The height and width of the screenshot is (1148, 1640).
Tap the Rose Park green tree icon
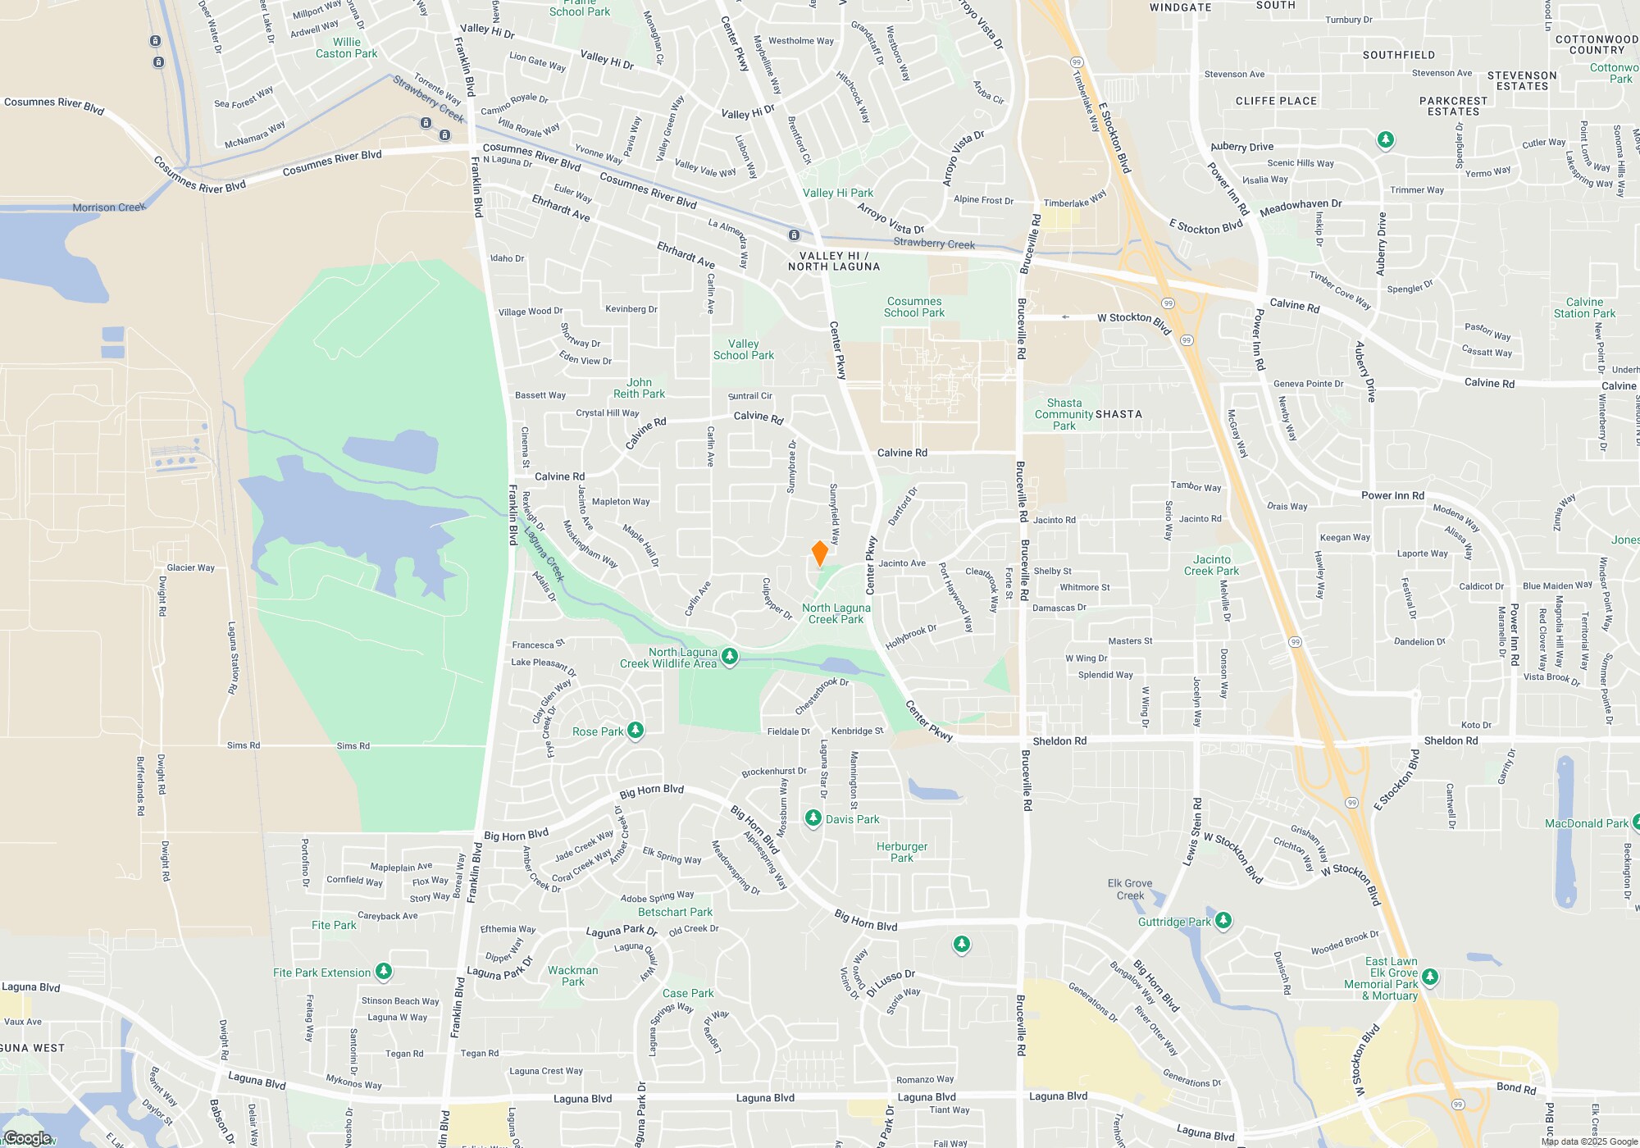click(635, 731)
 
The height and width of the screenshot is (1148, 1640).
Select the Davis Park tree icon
click(813, 818)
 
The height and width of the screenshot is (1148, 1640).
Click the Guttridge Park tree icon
click(1223, 921)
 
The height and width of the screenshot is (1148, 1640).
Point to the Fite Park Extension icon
click(383, 972)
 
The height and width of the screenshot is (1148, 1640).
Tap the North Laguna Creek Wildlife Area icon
click(729, 657)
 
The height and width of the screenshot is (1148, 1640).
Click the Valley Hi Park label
click(837, 193)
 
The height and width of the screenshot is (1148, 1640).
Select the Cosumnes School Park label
click(913, 307)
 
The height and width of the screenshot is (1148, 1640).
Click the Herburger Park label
click(902, 852)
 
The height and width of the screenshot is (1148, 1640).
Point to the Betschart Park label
click(675, 912)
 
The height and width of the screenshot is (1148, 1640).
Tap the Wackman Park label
click(572, 976)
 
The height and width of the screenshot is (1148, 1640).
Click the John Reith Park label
click(639, 388)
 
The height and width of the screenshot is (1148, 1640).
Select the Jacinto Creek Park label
click(1211, 565)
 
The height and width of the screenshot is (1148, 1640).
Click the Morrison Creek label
click(108, 207)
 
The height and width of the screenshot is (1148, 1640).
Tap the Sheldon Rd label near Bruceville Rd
click(1059, 740)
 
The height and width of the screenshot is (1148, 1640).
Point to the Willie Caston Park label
click(346, 48)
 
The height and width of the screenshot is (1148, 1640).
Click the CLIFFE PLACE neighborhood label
click(1276, 101)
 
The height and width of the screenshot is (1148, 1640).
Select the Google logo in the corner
click(28, 1138)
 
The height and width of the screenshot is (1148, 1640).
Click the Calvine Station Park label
click(1584, 307)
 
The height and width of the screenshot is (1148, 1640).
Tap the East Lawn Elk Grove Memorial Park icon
click(1430, 977)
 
